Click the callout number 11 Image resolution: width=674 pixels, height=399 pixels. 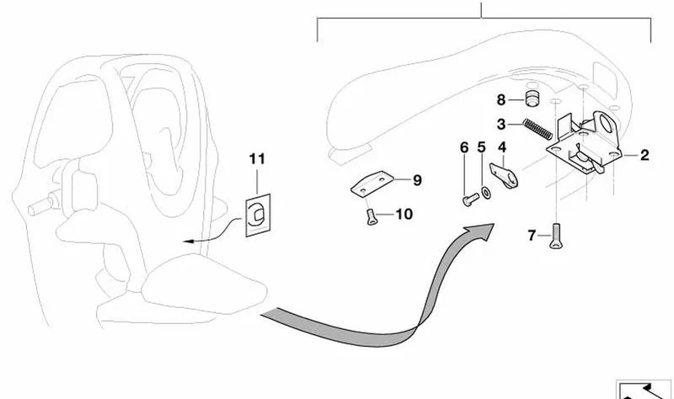pyautogui.click(x=257, y=159)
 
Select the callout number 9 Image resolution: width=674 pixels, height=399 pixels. pyautogui.click(x=417, y=180)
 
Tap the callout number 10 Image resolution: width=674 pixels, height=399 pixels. pyautogui.click(x=404, y=214)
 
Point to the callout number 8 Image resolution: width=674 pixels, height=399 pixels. pyautogui.click(x=500, y=100)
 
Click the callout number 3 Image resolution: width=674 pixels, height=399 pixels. pyautogui.click(x=500, y=125)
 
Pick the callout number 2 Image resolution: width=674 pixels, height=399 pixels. pyautogui.click(x=644, y=155)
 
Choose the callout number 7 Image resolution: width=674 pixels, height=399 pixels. pyautogui.click(x=532, y=236)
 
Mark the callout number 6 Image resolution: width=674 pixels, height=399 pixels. pyautogui.click(x=464, y=147)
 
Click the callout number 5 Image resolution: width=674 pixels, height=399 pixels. pyautogui.click(x=481, y=147)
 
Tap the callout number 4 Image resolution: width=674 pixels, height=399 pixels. pyautogui.click(x=502, y=147)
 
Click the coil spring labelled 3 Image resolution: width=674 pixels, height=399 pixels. pyautogui.click(x=538, y=129)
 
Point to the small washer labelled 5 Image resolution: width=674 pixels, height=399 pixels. pyautogui.click(x=487, y=193)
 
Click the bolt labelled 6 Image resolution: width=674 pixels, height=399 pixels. pyautogui.click(x=471, y=199)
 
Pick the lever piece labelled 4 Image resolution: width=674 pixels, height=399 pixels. pyautogui.click(x=505, y=175)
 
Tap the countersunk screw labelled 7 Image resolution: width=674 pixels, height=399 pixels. pyautogui.click(x=555, y=237)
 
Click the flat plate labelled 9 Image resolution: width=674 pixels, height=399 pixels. pyautogui.click(x=372, y=184)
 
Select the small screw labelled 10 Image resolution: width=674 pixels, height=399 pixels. pyautogui.click(x=371, y=217)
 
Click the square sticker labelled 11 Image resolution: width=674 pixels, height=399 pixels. pyautogui.click(x=258, y=215)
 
